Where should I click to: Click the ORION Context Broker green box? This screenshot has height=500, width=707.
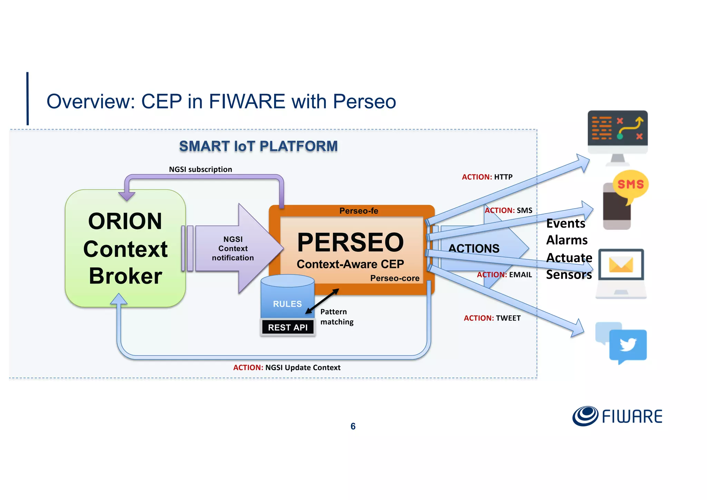coord(125,248)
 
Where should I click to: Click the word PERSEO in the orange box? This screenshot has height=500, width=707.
coord(350,242)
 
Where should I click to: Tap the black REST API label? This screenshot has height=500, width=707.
coord(288,327)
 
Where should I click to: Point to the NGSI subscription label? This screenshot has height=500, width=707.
coord(200,169)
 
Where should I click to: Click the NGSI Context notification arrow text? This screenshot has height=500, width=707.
coord(233,249)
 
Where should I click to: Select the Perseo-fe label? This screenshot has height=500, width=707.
coord(359,211)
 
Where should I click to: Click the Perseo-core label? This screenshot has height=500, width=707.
coord(395,278)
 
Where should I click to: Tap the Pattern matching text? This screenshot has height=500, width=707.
coord(337,317)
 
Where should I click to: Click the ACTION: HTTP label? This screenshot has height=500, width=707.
coord(487,177)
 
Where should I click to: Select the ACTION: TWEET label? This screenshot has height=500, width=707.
coord(492,318)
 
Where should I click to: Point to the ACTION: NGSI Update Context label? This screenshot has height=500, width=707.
coord(287,367)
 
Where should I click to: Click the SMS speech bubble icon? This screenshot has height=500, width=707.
coord(630,184)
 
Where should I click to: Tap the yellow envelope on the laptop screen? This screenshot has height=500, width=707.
coord(621,265)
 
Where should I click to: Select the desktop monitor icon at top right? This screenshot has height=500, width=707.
coord(618,133)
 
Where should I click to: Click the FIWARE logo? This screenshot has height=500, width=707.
coord(617,416)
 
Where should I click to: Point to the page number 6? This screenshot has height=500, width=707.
coord(353,426)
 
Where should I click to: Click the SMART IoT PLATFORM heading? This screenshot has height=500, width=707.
coord(258,146)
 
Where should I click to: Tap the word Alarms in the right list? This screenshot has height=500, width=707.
coord(567,240)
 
